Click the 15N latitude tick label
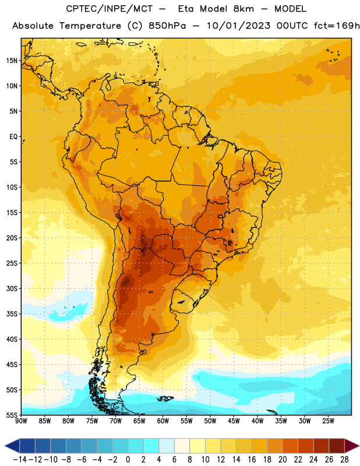pyautogui.click(x=12, y=61)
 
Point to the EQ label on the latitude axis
pyautogui.click(x=13, y=137)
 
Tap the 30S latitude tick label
pyautogui.click(x=12, y=288)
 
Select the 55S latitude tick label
pyautogui.click(x=12, y=415)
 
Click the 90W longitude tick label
pyautogui.click(x=21, y=421)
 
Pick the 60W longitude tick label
pyautogui.click(x=163, y=421)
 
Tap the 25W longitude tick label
pyautogui.click(x=328, y=421)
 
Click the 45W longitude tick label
pyautogui.click(x=234, y=421)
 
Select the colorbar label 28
pyautogui.click(x=344, y=460)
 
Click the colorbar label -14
pyautogui.click(x=20, y=460)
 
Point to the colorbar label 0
pyautogui.click(x=128, y=460)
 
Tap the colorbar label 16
pyautogui.click(x=252, y=460)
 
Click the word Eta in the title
pyautogui.click(x=185, y=9)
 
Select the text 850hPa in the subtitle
pyautogui.click(x=167, y=26)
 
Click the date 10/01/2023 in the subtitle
pyautogui.click(x=239, y=26)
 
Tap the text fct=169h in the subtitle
pyautogui.click(x=337, y=26)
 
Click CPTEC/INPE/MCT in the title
pyautogui.click(x=110, y=9)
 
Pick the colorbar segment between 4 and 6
pyautogui.click(x=167, y=446)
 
